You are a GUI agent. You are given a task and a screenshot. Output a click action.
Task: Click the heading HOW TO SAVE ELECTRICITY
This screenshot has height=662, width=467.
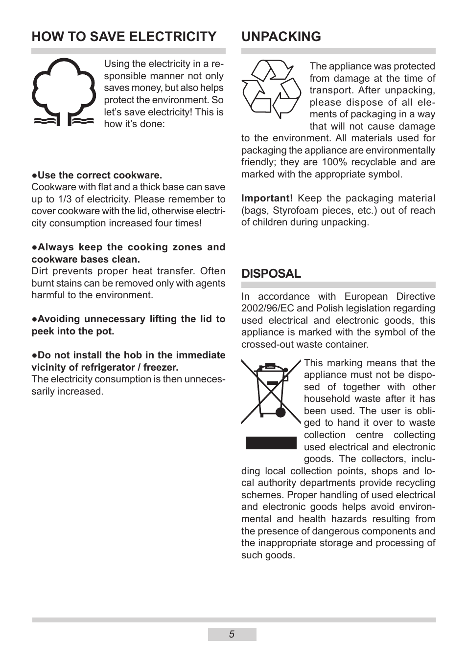click(124, 37)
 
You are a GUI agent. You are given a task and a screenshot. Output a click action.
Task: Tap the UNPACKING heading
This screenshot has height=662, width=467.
click(281, 37)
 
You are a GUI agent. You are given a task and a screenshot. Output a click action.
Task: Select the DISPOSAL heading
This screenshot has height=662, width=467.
click(271, 274)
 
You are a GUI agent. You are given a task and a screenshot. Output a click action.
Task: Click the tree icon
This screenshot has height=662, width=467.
click(64, 92)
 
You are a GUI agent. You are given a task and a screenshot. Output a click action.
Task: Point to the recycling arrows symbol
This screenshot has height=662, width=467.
click(271, 89)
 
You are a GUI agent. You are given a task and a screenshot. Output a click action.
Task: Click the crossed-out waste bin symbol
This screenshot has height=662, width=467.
click(271, 391)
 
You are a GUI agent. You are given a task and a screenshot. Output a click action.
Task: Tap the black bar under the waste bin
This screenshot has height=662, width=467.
click(271, 443)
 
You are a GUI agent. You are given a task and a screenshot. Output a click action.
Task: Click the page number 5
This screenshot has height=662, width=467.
click(232, 634)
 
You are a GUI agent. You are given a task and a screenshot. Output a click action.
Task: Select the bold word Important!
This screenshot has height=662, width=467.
click(267, 199)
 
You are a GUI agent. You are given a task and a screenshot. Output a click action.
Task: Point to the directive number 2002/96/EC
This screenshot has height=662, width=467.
click(267, 309)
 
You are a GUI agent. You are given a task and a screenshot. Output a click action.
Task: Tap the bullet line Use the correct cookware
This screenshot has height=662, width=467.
click(97, 176)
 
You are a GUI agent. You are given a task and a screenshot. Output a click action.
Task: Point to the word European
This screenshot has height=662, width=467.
click(366, 297)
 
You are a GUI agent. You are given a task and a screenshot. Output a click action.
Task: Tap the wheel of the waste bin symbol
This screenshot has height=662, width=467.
click(280, 412)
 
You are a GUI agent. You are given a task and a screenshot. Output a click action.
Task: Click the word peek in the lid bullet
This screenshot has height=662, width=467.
click(43, 331)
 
